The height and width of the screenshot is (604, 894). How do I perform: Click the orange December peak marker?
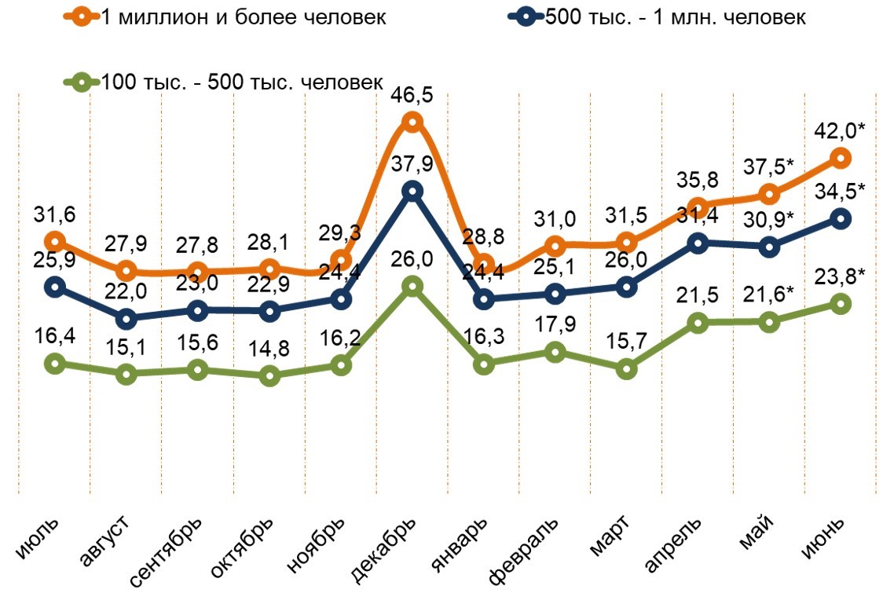pyautogui.click(x=412, y=122)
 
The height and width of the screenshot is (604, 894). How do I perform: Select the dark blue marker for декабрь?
pyautogui.click(x=412, y=191)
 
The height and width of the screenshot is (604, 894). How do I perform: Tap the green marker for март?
pyautogui.click(x=626, y=369)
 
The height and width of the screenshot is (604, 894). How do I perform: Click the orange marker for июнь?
pyautogui.click(x=841, y=159)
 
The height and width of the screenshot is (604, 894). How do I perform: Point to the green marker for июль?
pyautogui.click(x=54, y=363)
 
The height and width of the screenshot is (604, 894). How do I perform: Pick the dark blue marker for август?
pyautogui.click(x=126, y=319)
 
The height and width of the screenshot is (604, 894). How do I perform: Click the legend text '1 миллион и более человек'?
pyautogui.click(x=244, y=16)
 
